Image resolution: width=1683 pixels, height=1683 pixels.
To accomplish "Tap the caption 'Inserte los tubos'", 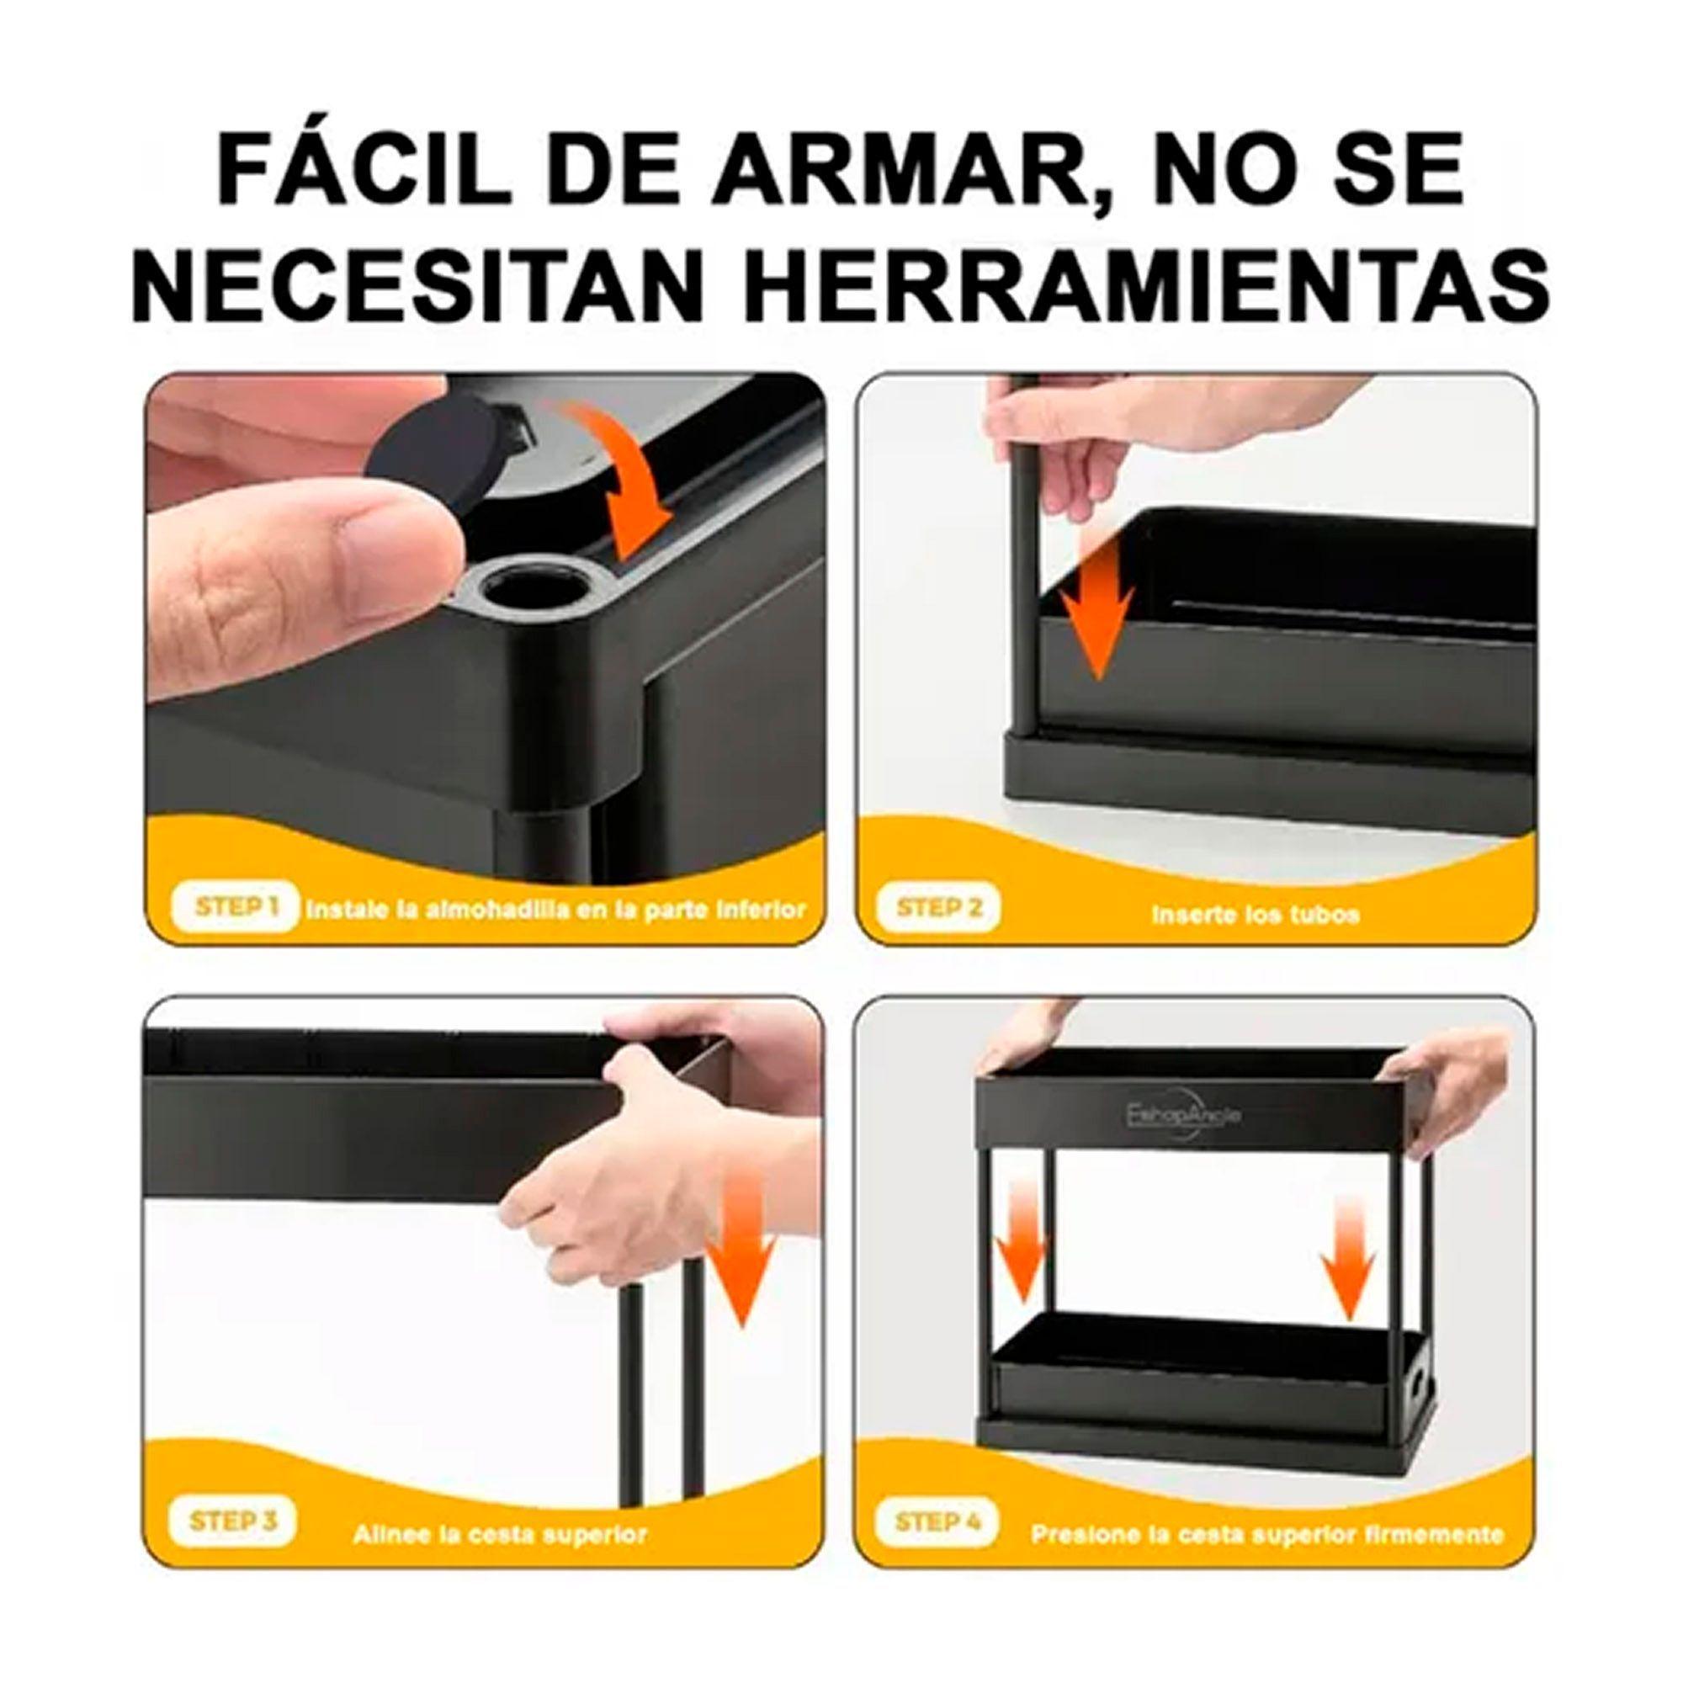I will (x=1255, y=915).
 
